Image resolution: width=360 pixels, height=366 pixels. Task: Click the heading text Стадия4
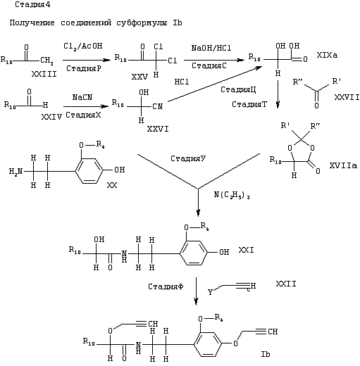click(32, 4)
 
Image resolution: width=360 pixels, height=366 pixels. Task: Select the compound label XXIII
click(44, 74)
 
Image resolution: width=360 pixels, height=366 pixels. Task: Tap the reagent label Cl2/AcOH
click(83, 46)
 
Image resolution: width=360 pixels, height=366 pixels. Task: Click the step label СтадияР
click(84, 68)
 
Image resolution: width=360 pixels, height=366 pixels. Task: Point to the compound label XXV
click(139, 77)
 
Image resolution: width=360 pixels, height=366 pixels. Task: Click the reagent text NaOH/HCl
click(211, 48)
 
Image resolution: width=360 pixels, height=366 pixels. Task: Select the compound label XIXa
click(327, 55)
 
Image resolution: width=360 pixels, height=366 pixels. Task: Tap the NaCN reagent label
click(82, 97)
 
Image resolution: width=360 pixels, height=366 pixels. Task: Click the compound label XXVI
click(158, 129)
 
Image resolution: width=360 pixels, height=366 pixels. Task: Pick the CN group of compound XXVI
click(157, 106)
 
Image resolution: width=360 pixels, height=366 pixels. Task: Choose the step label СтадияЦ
click(238, 89)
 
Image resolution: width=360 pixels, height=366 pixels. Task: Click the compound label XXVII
click(347, 97)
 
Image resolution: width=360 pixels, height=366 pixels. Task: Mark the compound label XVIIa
click(343, 165)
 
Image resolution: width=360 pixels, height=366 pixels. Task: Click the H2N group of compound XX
click(15, 172)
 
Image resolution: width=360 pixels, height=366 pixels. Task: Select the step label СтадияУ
click(188, 158)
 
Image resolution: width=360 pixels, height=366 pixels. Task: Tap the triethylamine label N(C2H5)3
click(232, 195)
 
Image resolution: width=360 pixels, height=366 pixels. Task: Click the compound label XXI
click(246, 250)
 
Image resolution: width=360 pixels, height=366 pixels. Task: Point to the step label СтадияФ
click(166, 286)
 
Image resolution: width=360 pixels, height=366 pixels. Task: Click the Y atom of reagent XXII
click(210, 292)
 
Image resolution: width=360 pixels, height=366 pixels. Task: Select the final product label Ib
click(266, 354)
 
